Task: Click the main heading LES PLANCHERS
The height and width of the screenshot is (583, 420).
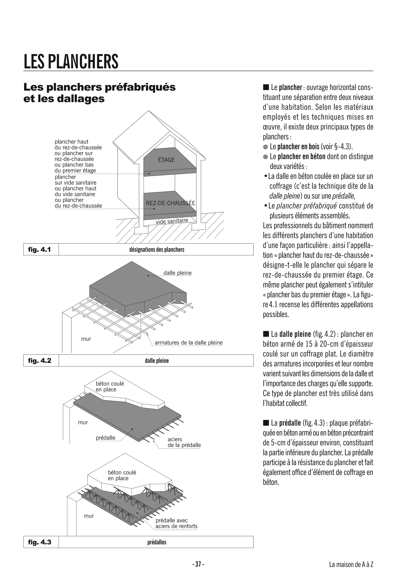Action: click(71, 61)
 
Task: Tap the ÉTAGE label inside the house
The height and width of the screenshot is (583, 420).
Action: click(166, 160)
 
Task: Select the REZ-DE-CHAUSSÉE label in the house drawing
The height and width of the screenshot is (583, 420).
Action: click(170, 203)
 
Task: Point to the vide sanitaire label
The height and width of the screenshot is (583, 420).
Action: click(172, 221)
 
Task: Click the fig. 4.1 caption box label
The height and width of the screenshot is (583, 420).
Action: click(39, 249)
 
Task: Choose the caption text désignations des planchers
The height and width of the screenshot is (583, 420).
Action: click(157, 250)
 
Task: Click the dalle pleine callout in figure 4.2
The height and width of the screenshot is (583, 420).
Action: click(177, 273)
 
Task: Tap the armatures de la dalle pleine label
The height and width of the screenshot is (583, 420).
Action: click(188, 343)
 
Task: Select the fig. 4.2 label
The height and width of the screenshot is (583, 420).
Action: click(39, 360)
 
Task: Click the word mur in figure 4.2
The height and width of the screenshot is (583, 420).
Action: click(86, 339)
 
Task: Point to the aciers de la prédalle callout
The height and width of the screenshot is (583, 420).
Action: click(184, 442)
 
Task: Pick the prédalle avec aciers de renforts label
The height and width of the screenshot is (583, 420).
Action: click(176, 523)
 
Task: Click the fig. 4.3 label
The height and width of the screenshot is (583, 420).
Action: click(39, 542)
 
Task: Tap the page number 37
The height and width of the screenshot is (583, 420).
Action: click(198, 565)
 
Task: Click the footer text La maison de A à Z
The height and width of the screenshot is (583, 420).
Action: click(351, 565)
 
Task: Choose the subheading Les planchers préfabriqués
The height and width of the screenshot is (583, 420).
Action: click(99, 87)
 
